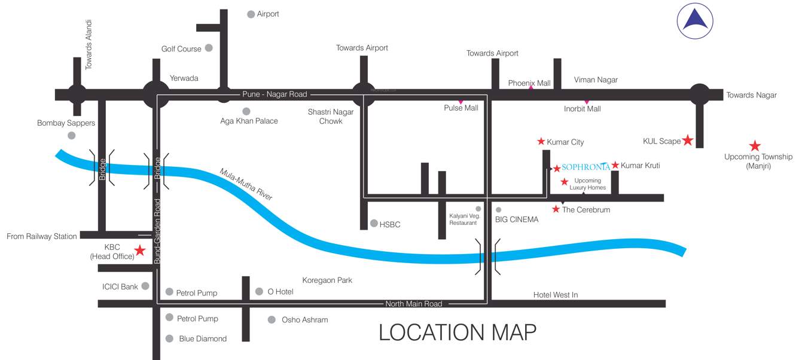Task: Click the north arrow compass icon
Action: pyautogui.click(x=696, y=20)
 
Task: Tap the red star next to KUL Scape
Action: pyautogui.click(x=688, y=141)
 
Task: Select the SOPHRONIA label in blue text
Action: pyautogui.click(x=585, y=167)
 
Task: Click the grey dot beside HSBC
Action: pyautogui.click(x=374, y=224)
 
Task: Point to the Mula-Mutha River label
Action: pyautogui.click(x=246, y=184)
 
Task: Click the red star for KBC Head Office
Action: pyautogui.click(x=139, y=251)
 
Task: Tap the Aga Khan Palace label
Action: pyautogui.click(x=249, y=121)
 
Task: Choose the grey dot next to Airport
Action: pyautogui.click(x=251, y=14)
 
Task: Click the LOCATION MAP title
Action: pyautogui.click(x=458, y=332)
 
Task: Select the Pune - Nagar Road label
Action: pyautogui.click(x=275, y=94)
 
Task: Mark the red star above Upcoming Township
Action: pyautogui.click(x=755, y=145)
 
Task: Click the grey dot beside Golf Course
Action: pyautogui.click(x=209, y=48)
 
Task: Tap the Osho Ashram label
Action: pyautogui.click(x=304, y=320)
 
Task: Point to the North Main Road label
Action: pyautogui.click(x=413, y=304)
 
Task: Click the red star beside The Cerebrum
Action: pyautogui.click(x=556, y=209)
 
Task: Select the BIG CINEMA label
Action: pyautogui.click(x=517, y=219)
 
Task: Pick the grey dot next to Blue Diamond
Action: pyautogui.click(x=170, y=338)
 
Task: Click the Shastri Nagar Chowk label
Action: pyautogui.click(x=331, y=116)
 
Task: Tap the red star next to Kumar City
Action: pyautogui.click(x=541, y=142)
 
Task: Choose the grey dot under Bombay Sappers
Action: pyautogui.click(x=72, y=136)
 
